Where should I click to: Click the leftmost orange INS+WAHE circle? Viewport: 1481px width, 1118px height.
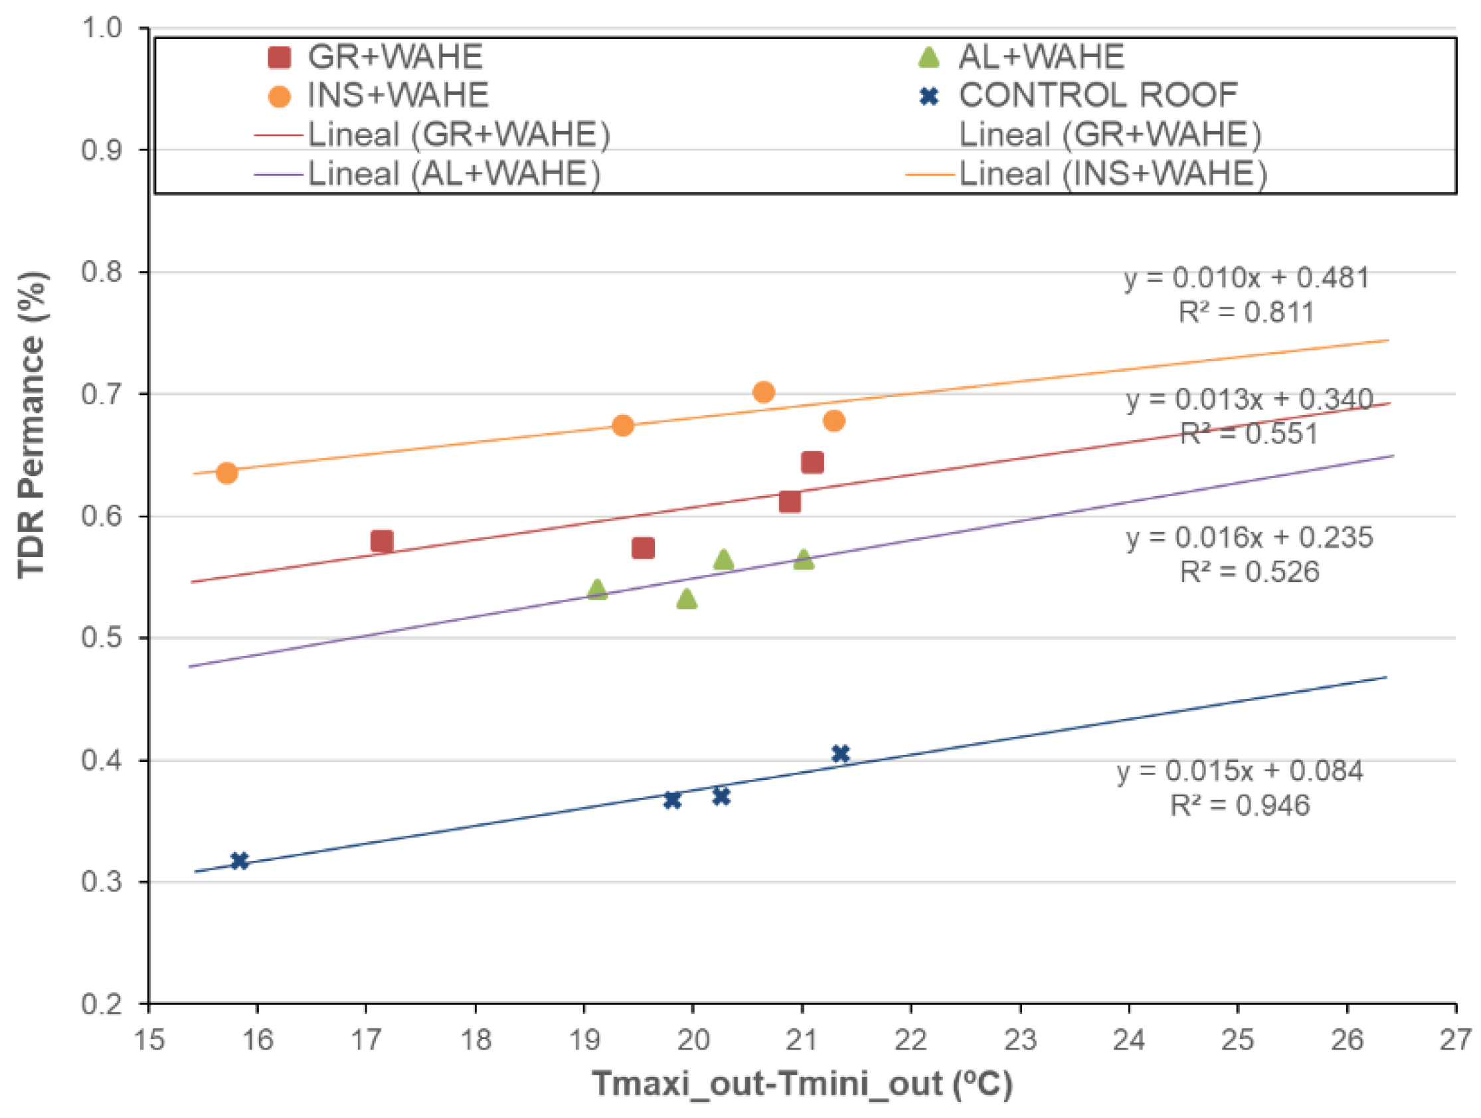coord(227,473)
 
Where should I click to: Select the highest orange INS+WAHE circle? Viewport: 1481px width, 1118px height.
coord(764,392)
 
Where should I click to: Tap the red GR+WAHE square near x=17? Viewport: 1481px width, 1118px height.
coord(382,541)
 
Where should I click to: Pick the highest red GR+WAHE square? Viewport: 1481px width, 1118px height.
coord(812,462)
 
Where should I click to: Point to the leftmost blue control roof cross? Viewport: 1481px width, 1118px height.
coord(239,861)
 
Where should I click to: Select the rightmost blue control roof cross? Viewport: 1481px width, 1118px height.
coord(840,754)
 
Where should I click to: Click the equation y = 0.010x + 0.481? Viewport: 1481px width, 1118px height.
coord(1247,277)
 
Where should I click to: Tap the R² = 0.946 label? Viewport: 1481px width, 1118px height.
coord(1240,805)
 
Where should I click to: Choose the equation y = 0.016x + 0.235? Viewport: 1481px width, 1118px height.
coord(1249,538)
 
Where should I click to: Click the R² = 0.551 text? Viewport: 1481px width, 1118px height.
coord(1249,434)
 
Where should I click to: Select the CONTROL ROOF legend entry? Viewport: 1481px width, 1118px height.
coord(1098,95)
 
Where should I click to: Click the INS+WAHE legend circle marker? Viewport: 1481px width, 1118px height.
coord(279,96)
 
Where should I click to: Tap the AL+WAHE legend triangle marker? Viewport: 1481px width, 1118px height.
coord(928,58)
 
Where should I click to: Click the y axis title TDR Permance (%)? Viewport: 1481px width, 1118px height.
coord(32,426)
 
